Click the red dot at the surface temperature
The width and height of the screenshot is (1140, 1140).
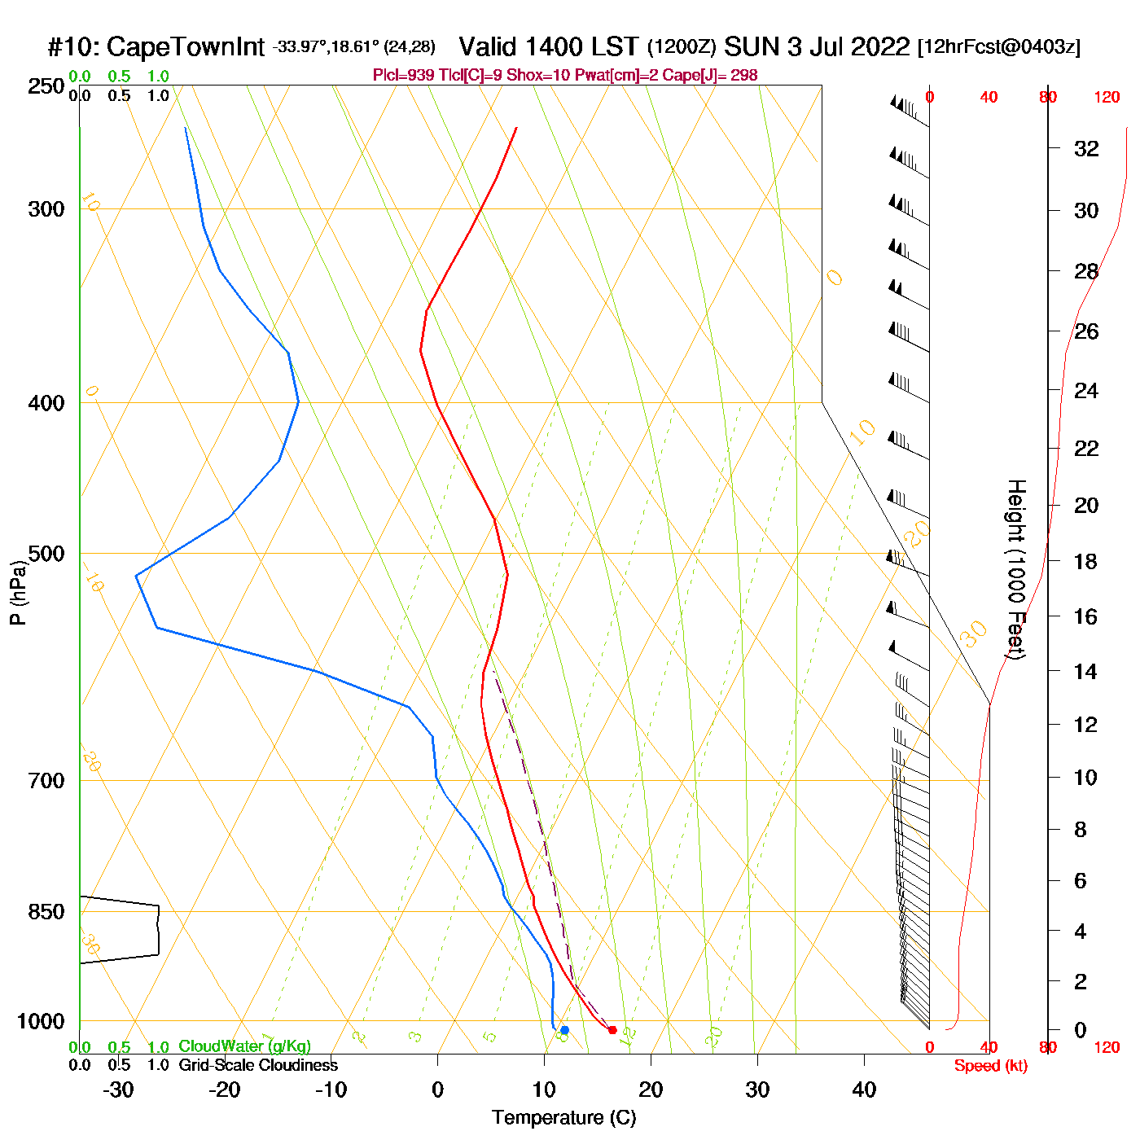point(612,1030)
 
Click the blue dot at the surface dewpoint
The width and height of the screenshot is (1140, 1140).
point(564,1030)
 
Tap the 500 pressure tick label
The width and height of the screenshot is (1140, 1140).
point(46,554)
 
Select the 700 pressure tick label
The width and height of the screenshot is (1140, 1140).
point(46,781)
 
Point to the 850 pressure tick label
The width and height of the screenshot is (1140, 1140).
point(46,912)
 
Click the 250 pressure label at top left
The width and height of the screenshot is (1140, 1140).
point(46,86)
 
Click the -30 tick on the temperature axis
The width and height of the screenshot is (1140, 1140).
point(118,1090)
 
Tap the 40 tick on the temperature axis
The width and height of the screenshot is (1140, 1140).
point(864,1090)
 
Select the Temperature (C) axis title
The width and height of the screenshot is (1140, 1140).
point(563,1118)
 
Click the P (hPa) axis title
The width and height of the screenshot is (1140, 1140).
point(17,593)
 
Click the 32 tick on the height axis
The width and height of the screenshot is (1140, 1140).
point(1086,149)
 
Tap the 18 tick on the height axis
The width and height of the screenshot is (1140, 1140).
point(1086,561)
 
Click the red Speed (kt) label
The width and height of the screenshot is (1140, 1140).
point(991,1066)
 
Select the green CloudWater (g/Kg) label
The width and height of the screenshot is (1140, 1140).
point(244,1046)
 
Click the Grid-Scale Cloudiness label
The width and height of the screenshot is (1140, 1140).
point(258,1065)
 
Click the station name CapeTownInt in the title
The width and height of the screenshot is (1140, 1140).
point(186,47)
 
